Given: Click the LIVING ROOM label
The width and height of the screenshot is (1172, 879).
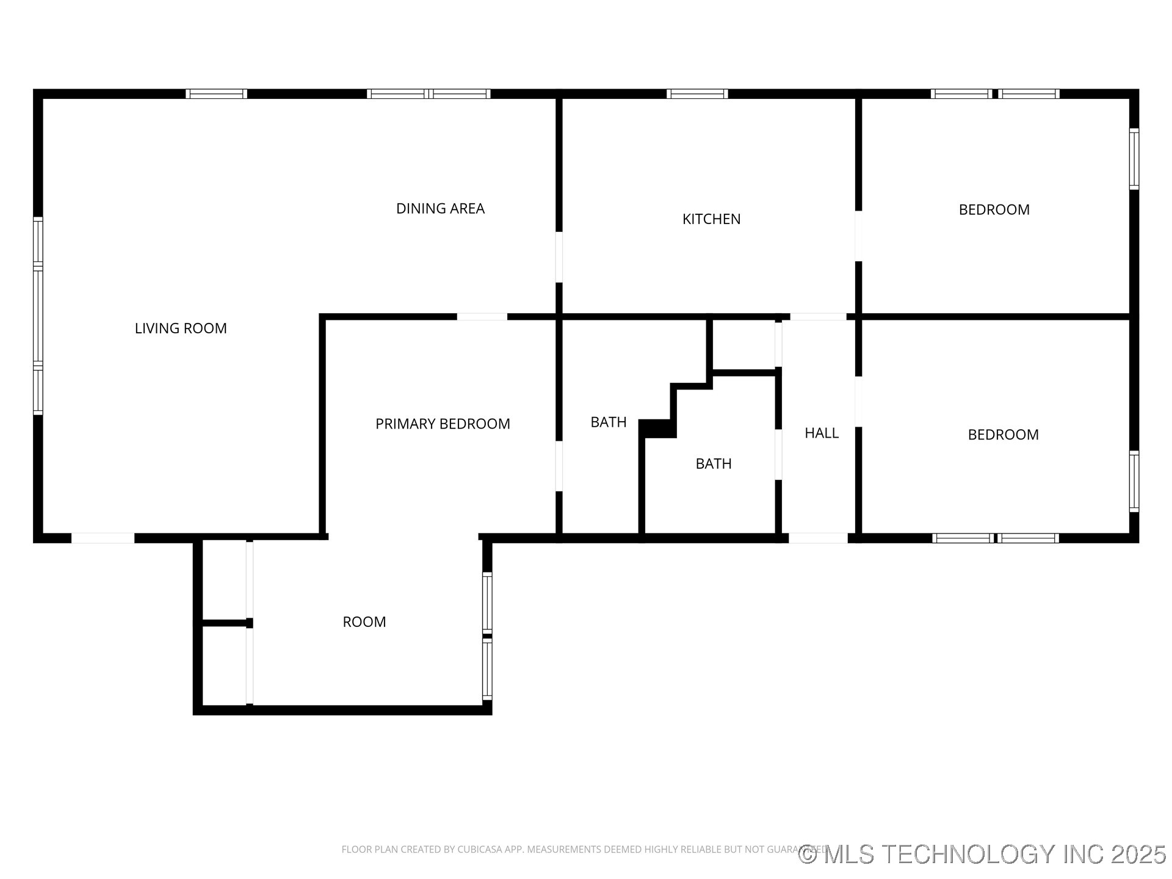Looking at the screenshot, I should tap(181, 328).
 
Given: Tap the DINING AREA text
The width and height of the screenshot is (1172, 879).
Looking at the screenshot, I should tap(440, 209).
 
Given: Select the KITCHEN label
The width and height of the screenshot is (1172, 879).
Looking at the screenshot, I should tap(711, 219).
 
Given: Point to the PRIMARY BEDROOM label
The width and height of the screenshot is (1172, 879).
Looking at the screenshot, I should tap(443, 424).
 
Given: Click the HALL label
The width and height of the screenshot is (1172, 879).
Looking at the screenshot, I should tap(822, 433).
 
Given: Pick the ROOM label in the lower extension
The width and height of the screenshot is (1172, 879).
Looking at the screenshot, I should tap(364, 622).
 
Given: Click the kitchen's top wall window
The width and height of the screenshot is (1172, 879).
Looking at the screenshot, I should tap(697, 94).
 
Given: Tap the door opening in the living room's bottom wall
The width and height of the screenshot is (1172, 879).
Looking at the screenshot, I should tap(103, 538).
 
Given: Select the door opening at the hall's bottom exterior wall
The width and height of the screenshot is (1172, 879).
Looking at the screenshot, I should tap(818, 538).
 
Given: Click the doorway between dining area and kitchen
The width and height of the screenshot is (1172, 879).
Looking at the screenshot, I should tap(559, 257).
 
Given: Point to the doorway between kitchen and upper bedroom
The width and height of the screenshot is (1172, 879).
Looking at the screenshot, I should tap(858, 236).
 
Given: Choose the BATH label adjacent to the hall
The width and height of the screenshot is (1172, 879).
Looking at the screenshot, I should tap(714, 464).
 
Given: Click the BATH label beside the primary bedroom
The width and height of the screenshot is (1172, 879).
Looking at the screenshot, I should tap(609, 422).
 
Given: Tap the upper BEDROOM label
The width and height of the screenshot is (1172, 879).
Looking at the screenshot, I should tap(994, 210).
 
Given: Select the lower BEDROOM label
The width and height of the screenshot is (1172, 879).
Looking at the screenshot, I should tap(1003, 435).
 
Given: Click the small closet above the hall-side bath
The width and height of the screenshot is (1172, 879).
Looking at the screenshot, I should tap(744, 344).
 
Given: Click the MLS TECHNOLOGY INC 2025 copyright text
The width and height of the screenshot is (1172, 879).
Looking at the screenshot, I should tap(982, 854).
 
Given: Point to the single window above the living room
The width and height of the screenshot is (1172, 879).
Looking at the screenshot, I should tap(216, 94).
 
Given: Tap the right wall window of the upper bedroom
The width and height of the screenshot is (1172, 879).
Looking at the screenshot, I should tap(1134, 159).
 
